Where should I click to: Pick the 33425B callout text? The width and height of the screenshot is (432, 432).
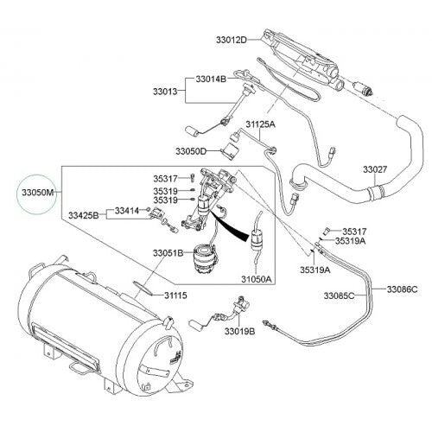[85, 213]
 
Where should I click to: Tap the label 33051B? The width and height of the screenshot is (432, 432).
[167, 252]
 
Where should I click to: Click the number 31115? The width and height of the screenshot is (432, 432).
[175, 295]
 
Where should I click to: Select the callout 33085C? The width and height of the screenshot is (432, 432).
[338, 296]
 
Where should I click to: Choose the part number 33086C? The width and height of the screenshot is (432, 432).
[402, 288]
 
